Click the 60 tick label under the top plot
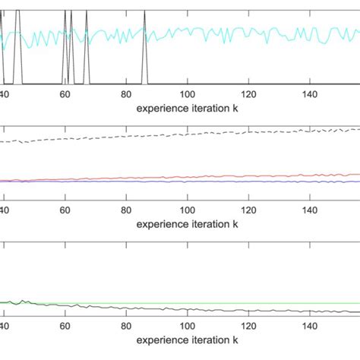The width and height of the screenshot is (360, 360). coord(65,94)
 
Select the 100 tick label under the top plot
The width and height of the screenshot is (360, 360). coord(187,94)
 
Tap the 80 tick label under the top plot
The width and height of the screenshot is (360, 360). coord(126,94)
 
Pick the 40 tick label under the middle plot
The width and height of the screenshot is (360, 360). coord(5,211)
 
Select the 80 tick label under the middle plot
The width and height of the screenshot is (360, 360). coord(126,211)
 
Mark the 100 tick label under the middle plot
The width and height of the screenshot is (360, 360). coord(187,211)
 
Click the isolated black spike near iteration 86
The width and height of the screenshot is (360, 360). coord(145,46)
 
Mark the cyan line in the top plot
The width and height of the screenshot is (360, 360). coord(228,32)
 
